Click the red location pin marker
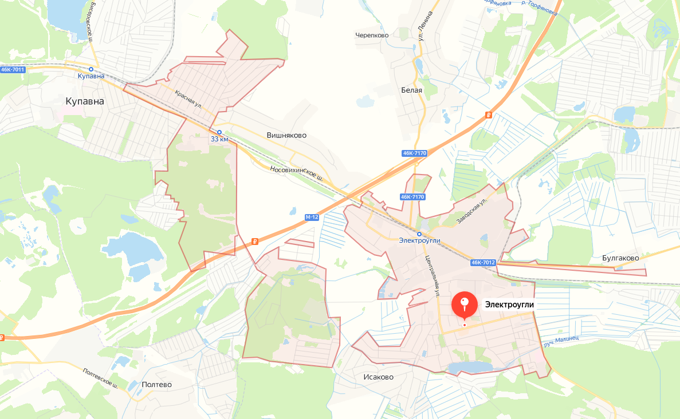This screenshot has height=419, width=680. tap(465, 305)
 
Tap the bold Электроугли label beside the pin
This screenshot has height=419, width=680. tap(509, 305)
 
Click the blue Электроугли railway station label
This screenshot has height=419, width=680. tap(419, 240)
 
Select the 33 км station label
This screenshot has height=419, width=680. tap(219, 139)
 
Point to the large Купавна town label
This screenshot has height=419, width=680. tap(85, 101)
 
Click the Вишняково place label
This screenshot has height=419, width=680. tap(286, 136)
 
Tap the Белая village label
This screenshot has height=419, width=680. tap(411, 90)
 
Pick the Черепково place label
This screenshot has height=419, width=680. tap(372, 35)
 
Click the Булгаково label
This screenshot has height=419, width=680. tap(620, 258)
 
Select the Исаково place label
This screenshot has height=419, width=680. tap(378, 377)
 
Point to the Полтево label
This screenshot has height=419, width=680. tap(156, 385)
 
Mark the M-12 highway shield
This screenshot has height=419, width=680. tap(312, 218)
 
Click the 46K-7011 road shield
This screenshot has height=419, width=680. tap(13, 69)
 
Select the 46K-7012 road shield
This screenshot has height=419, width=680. tap(483, 263)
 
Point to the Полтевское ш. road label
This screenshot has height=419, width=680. tap(100, 378)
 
